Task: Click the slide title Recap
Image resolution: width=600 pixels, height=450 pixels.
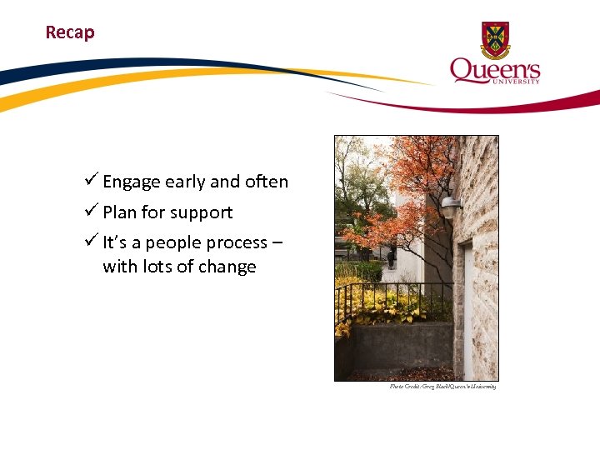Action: [x=70, y=32]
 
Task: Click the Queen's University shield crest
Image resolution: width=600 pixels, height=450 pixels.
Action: [x=495, y=40]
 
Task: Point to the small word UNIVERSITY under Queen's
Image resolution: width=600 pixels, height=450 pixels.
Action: [x=518, y=82]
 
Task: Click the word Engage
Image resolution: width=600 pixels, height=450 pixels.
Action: [x=132, y=182]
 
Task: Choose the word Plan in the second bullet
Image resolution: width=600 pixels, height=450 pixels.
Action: [x=120, y=212]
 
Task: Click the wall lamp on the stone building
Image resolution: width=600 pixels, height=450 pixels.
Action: [x=450, y=206]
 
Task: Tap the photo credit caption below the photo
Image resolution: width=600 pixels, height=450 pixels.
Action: [x=442, y=387]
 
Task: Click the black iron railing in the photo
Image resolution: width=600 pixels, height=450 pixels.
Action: [x=392, y=300]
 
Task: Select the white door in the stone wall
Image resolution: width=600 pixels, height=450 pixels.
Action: [x=468, y=308]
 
